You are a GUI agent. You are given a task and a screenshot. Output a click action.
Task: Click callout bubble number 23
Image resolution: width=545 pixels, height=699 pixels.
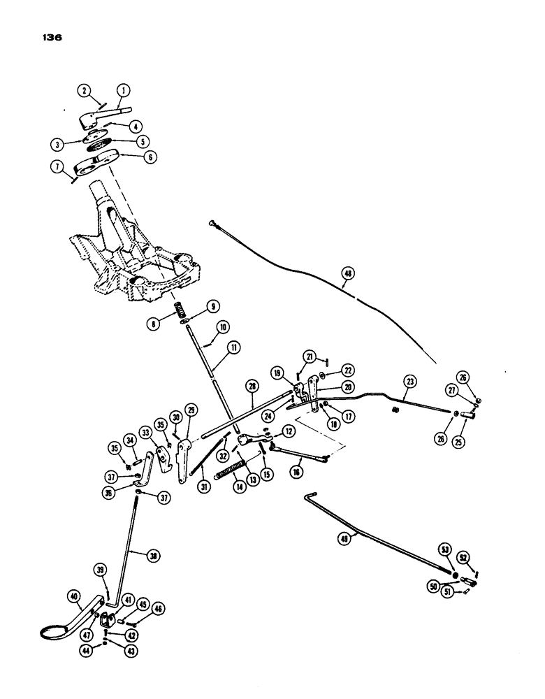[409, 382]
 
